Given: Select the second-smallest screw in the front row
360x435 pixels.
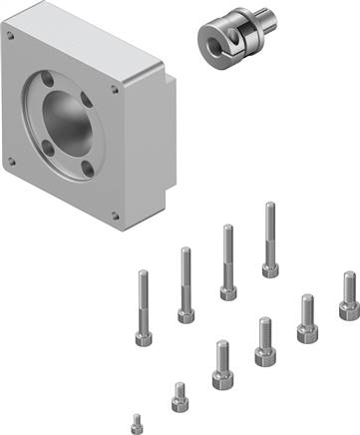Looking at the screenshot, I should pos(179,396).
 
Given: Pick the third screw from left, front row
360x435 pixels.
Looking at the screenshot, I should pos(220,364).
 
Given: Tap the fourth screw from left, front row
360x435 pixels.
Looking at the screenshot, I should pos(264,341).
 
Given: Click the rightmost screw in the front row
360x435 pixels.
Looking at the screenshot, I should pos(348,295).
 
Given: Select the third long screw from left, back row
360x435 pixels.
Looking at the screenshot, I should pos(228,261).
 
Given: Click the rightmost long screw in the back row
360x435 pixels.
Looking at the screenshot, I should pos(270,239).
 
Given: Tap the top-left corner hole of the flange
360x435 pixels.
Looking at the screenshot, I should pos(11,35).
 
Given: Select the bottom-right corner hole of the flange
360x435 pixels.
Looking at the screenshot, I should pos(116,214).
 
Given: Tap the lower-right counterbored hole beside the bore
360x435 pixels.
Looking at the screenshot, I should pos(88,169).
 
